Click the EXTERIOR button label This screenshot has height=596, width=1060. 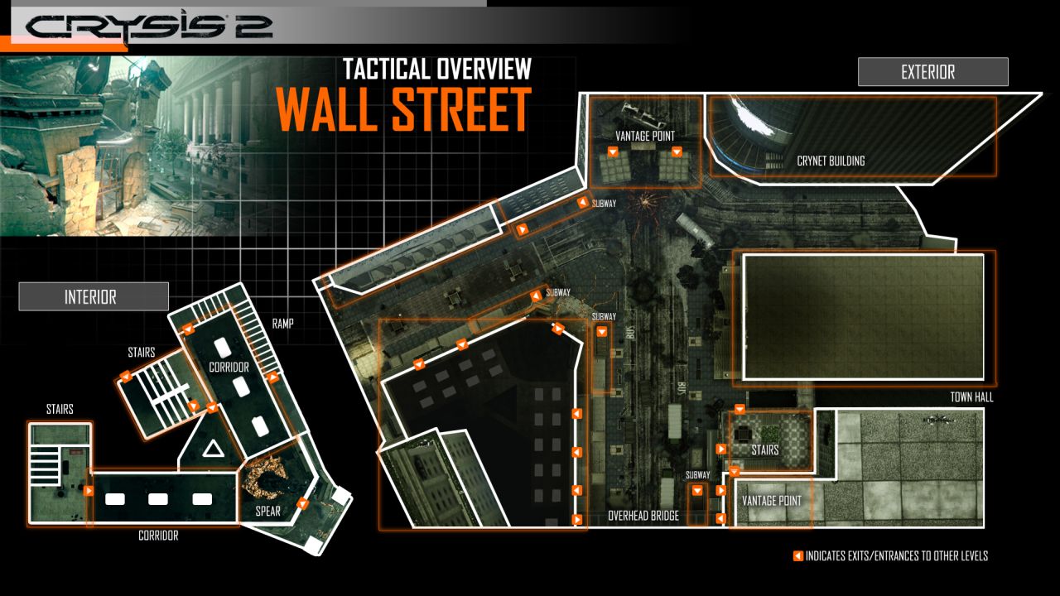[x=932, y=72]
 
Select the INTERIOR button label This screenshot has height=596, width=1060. [x=93, y=296]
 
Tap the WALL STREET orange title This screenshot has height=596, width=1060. [x=403, y=109]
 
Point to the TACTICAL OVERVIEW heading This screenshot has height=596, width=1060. [x=437, y=68]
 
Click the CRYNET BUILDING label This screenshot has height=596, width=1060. [x=830, y=161]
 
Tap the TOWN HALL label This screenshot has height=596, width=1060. [x=971, y=397]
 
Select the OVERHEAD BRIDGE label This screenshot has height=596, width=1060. [x=643, y=516]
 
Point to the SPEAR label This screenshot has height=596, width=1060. [x=267, y=512]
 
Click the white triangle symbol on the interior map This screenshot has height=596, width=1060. [x=214, y=451]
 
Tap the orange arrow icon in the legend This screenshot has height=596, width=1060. [x=797, y=556]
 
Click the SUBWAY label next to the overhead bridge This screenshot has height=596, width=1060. [x=697, y=475]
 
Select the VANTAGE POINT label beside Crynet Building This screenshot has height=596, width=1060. [x=644, y=136]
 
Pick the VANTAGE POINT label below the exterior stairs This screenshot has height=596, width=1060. [x=771, y=501]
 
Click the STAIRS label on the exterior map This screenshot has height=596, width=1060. [x=765, y=450]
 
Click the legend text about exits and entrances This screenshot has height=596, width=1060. [x=896, y=556]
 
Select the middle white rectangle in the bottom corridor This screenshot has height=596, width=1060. [x=158, y=499]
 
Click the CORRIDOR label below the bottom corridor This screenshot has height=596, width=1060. [x=157, y=536]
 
